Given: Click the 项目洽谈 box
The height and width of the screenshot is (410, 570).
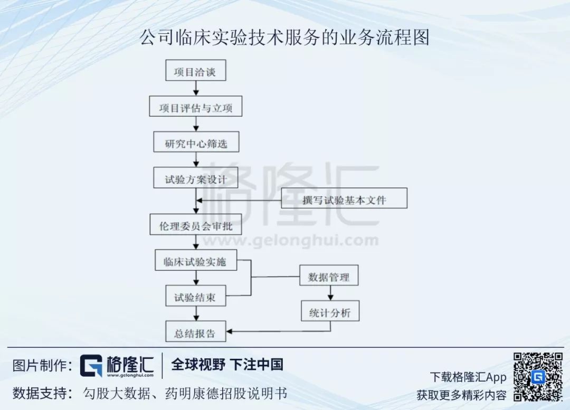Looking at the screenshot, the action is (x=195, y=71).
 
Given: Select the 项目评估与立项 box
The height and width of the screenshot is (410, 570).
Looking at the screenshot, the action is (x=195, y=107).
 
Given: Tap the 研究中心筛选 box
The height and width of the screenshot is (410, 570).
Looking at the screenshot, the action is (x=196, y=142).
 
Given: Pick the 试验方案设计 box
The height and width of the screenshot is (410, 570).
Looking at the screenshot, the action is (x=196, y=178).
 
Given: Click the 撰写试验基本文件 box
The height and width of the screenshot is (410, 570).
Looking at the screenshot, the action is (x=344, y=199).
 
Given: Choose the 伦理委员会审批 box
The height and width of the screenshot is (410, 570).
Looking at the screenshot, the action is (x=196, y=224).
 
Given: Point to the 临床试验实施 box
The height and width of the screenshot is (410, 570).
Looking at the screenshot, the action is (x=196, y=261).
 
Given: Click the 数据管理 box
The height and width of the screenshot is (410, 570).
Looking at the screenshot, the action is (x=329, y=275).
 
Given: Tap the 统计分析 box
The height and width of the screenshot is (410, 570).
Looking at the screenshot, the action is (x=329, y=311).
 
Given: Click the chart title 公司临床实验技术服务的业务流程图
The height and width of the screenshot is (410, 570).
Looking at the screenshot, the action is (x=284, y=37).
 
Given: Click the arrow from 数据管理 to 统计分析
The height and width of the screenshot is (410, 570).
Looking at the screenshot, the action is (x=331, y=293).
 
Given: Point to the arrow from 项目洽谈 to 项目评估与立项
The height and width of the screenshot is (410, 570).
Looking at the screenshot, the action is (x=196, y=89).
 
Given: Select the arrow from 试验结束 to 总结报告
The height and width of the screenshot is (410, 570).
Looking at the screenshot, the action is (x=196, y=313).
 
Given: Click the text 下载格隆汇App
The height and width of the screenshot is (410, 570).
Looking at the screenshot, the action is (x=468, y=377).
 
